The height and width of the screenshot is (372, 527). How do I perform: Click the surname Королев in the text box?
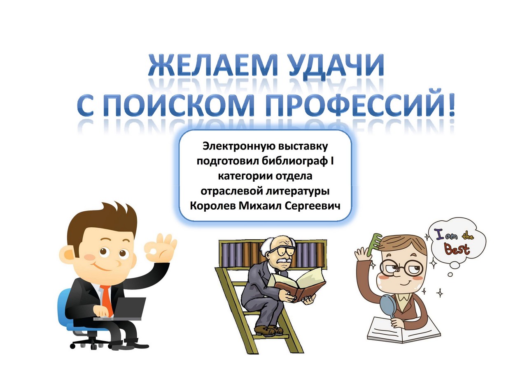(x=213, y=206)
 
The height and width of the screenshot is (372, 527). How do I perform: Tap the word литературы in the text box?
(x=298, y=192)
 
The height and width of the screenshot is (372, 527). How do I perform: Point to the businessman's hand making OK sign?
(x=161, y=248)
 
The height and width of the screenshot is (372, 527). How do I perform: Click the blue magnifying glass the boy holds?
(x=386, y=307)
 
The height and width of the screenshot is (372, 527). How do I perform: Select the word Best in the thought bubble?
(x=457, y=249)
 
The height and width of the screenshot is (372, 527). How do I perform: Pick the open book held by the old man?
(x=297, y=284)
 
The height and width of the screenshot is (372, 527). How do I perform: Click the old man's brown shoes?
(x=268, y=330)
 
